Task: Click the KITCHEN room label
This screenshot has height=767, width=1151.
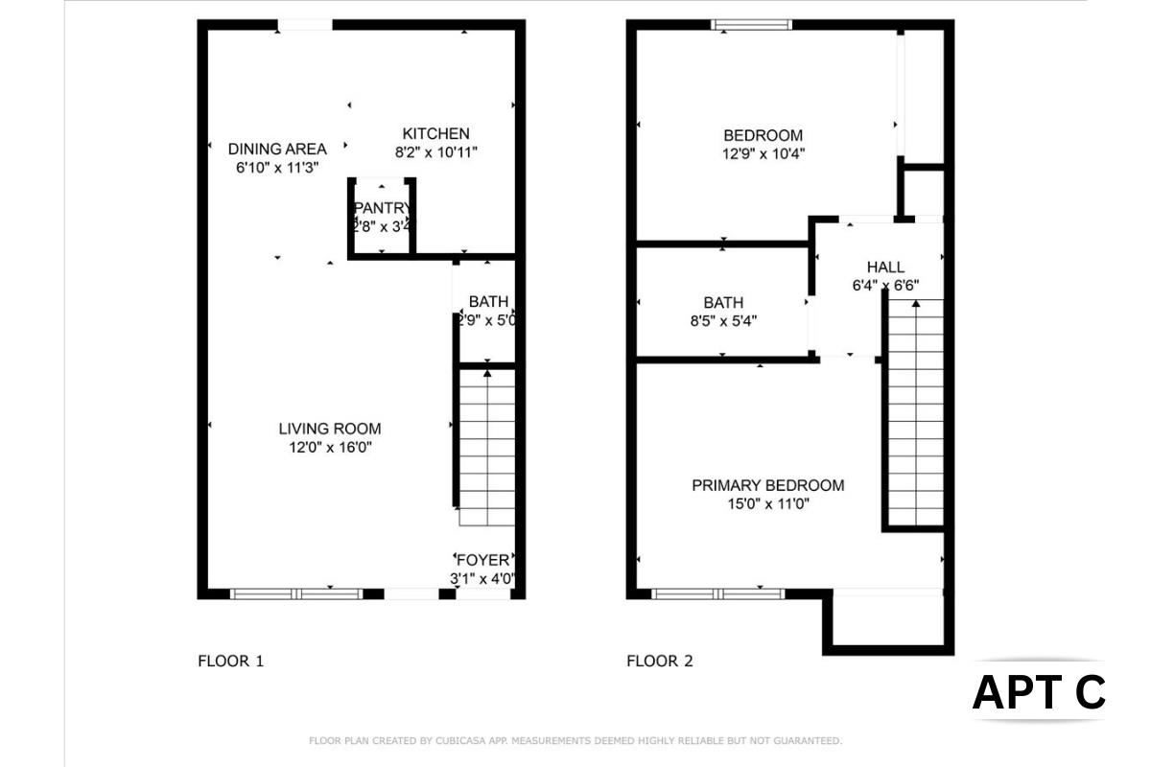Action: [435, 133]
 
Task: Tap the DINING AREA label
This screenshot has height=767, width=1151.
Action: [277, 149]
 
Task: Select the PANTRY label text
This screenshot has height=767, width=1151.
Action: [383, 208]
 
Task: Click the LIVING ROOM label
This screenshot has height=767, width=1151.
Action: [330, 429]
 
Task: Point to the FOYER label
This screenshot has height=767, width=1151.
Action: [483, 560]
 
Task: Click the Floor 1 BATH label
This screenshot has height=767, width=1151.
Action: [488, 302]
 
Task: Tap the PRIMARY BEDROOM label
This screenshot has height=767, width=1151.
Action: [767, 485]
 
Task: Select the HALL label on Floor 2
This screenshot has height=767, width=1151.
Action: [884, 267]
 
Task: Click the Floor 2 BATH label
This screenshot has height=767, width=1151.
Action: [722, 303]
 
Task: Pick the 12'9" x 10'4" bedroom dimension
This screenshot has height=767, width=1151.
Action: [763, 153]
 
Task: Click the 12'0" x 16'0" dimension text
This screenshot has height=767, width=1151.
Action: [330, 447]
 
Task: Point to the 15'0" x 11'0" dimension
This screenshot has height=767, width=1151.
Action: [767, 503]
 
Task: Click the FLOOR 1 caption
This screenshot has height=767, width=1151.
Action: [230, 661]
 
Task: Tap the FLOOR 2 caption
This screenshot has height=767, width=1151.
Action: [659, 661]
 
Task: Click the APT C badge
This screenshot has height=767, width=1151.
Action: [1039, 692]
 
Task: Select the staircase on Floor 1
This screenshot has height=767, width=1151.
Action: [487, 447]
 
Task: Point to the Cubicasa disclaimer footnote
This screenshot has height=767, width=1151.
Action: [575, 740]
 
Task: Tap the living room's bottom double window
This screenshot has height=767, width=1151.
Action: [297, 593]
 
